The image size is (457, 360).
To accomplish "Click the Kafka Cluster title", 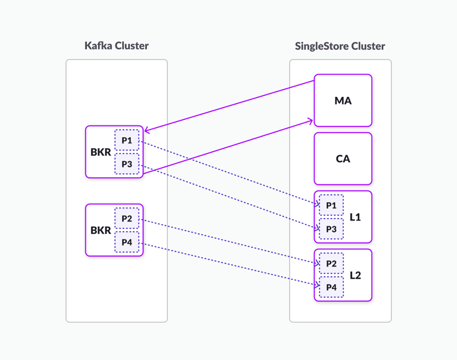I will pyautogui.click(x=116, y=46).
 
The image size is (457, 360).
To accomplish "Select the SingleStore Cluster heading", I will pyautogui.click(x=340, y=46).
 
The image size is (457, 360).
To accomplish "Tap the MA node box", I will pyautogui.click(x=343, y=100).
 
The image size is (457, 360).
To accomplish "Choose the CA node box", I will pyautogui.click(x=343, y=159).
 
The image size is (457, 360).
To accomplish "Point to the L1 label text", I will pyautogui.click(x=355, y=217).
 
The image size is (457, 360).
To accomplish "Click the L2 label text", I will pyautogui.click(x=355, y=276).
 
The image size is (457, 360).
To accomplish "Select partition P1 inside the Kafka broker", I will pyautogui.click(x=127, y=140).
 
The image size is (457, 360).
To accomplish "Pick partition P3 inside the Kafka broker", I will pyautogui.click(x=127, y=164).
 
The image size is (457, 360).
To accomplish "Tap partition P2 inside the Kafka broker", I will pyautogui.click(x=127, y=218).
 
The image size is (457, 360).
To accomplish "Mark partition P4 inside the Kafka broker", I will pyautogui.click(x=127, y=242).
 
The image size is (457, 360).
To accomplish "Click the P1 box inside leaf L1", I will pyautogui.click(x=331, y=205).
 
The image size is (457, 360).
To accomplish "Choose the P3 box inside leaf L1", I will pyautogui.click(x=331, y=229).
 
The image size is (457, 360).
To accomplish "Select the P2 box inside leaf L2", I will pyautogui.click(x=331, y=263).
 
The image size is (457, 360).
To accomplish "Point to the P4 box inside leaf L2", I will pyautogui.click(x=331, y=287).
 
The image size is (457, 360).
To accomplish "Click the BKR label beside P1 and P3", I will pyautogui.click(x=101, y=152).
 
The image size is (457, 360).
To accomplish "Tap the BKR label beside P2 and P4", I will pyautogui.click(x=101, y=231).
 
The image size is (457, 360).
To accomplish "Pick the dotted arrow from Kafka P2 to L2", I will pyautogui.click(x=228, y=241).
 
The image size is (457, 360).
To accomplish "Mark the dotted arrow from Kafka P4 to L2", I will pyautogui.click(x=228, y=264).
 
